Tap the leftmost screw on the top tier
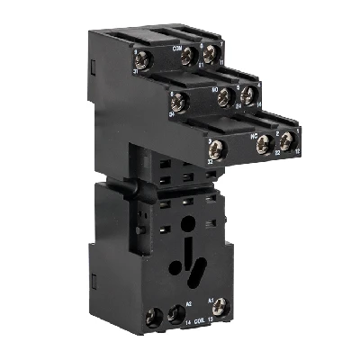coord(145,61)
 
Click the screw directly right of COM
coord(188,56)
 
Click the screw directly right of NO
coord(224,97)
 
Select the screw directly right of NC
coord(264,144)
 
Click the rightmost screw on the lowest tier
coord(286,140)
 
